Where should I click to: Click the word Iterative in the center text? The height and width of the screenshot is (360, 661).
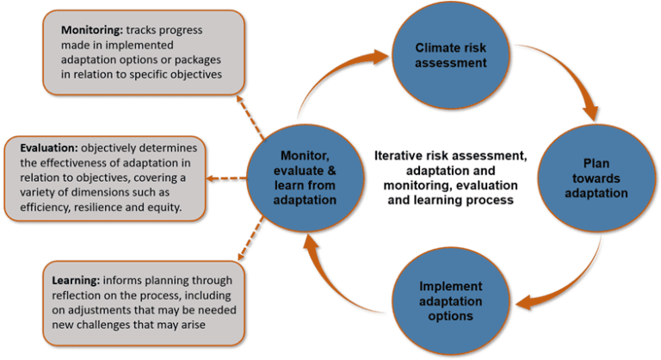click(399, 156)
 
